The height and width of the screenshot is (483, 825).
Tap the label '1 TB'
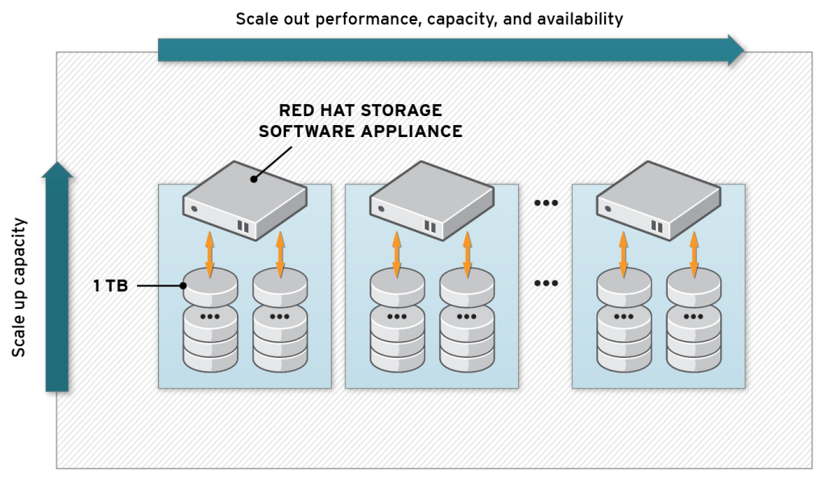[110, 285]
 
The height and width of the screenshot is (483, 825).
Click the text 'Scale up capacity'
[20, 287]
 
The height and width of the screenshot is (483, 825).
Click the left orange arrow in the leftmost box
[209, 253]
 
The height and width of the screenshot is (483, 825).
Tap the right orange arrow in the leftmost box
[280, 253]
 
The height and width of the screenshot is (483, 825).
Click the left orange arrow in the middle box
[396, 253]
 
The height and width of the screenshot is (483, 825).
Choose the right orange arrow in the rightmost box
[694, 253]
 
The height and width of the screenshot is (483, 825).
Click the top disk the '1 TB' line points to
[209, 283]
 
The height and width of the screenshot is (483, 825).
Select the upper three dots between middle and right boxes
[545, 202]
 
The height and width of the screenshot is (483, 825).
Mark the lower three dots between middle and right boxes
[545, 284]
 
